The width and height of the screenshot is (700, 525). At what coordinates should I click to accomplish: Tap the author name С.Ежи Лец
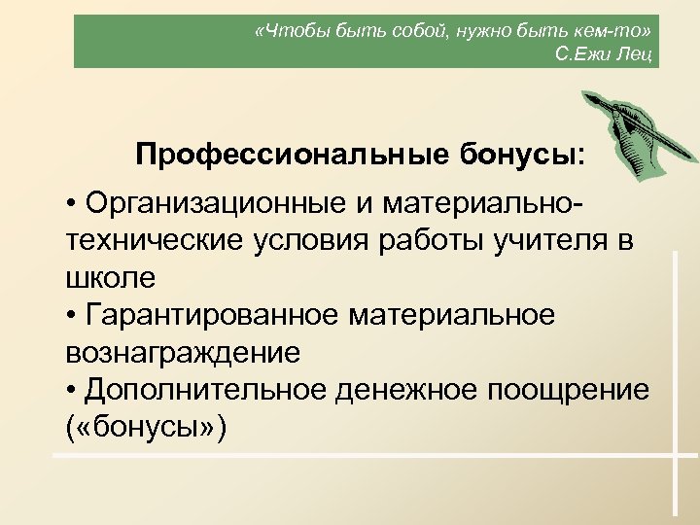[605, 52]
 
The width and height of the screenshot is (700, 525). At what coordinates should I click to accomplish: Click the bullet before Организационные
[73, 206]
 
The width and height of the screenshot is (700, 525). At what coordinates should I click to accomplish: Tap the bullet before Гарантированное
[73, 317]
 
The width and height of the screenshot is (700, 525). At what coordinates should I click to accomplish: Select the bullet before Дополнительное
[73, 391]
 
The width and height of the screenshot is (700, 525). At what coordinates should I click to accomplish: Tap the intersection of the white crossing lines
[673, 455]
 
